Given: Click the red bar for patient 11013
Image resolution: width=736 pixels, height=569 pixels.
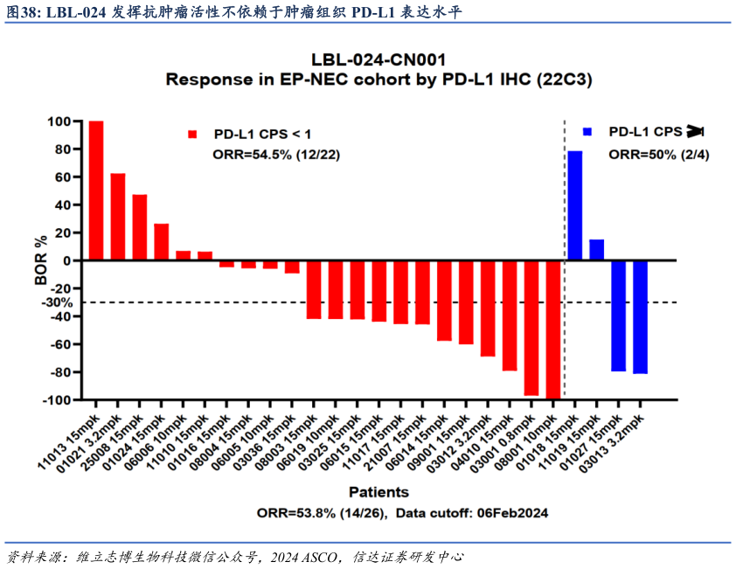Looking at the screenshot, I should pyautogui.click(x=96, y=191).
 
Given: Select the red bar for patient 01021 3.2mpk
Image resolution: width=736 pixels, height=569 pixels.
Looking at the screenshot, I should pyautogui.click(x=118, y=217).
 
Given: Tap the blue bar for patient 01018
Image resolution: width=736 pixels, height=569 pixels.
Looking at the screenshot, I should pyautogui.click(x=575, y=205).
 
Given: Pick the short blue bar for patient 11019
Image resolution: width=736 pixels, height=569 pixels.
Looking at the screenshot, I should pyautogui.click(x=597, y=250).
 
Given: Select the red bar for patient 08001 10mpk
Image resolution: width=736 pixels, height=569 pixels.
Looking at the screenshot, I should pyautogui.click(x=552, y=330).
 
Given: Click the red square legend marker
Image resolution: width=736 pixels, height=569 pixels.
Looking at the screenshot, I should pyautogui.click(x=192, y=134).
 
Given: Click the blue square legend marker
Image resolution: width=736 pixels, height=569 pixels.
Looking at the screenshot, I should pyautogui.click(x=587, y=132).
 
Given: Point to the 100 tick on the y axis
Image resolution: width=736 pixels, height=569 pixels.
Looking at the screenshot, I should pyautogui.click(x=60, y=121).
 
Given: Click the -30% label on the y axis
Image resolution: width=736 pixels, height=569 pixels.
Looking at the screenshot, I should pyautogui.click(x=56, y=302).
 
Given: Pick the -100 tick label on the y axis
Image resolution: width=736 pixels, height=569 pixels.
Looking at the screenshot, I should pyautogui.click(x=57, y=400).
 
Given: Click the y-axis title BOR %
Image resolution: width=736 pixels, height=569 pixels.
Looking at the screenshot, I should pyautogui.click(x=40, y=260).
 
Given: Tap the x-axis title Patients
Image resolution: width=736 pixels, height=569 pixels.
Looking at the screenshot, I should pyautogui.click(x=378, y=492).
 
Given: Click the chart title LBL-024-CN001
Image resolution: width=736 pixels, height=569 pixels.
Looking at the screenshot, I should pyautogui.click(x=379, y=60).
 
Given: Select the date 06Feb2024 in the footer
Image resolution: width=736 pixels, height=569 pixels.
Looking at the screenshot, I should pyautogui.click(x=513, y=513).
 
